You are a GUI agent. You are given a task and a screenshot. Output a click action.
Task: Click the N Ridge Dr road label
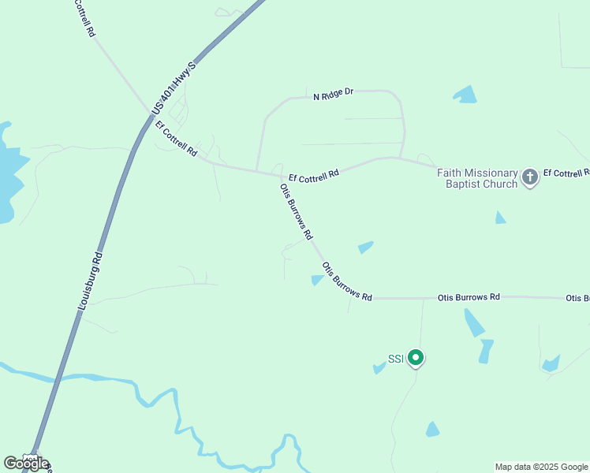332,95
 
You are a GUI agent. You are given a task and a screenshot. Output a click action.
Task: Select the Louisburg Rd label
91,280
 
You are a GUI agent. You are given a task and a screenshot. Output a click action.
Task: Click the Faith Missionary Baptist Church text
478,178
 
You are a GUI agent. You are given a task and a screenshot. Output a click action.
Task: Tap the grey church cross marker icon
530,177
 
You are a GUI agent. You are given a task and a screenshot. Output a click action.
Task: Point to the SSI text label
395,359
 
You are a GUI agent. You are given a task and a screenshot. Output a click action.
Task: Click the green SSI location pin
415,359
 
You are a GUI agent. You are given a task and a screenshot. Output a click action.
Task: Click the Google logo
26,464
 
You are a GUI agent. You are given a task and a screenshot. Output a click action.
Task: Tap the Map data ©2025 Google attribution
542,467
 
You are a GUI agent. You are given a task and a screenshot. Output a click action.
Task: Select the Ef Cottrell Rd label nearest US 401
176,139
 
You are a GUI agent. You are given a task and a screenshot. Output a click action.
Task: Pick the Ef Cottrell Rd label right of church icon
566,173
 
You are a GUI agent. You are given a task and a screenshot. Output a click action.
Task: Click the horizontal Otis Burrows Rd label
469,297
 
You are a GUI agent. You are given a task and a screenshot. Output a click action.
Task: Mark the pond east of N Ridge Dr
465,95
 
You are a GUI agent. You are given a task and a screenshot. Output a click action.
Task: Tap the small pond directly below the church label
499,218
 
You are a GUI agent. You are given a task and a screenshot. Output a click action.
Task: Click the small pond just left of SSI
379,368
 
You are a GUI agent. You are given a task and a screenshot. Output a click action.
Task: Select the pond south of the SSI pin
432,430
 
